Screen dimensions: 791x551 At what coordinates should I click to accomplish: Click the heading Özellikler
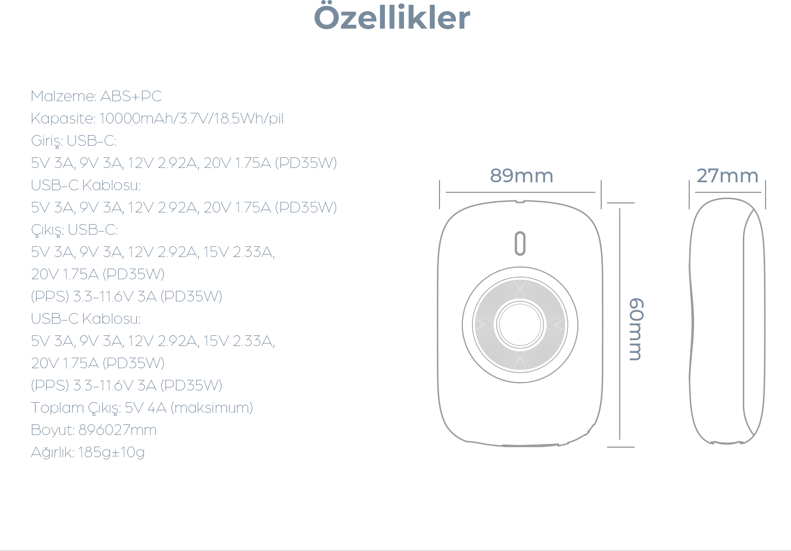[392, 17]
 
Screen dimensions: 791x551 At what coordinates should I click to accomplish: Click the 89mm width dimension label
[521, 175]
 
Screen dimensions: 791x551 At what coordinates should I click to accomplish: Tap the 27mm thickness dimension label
[727, 175]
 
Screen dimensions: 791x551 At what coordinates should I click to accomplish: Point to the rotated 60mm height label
[636, 330]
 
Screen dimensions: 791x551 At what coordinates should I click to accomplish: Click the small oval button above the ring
[520, 243]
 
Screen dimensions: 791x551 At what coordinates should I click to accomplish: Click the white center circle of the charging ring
[520, 325]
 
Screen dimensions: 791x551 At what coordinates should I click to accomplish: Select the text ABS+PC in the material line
[131, 96]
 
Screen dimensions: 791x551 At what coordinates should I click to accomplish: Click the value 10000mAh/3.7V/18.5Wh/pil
[191, 118]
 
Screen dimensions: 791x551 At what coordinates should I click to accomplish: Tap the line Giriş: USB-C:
[74, 141]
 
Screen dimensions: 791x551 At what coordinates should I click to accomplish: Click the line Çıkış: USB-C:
[74, 230]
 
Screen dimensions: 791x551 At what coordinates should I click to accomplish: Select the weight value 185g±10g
[111, 452]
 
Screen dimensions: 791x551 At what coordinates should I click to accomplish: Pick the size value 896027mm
[117, 430]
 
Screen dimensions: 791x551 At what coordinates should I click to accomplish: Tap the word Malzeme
[62, 96]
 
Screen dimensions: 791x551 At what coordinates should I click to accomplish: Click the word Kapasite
[62, 119]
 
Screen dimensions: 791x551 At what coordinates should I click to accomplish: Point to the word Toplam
[57, 408]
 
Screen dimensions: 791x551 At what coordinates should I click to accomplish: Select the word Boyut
[51, 430]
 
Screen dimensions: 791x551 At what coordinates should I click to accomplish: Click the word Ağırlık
[51, 452]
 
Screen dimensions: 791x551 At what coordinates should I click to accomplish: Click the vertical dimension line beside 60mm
[620, 324]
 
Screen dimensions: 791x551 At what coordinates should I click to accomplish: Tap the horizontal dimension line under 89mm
[521, 192]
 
